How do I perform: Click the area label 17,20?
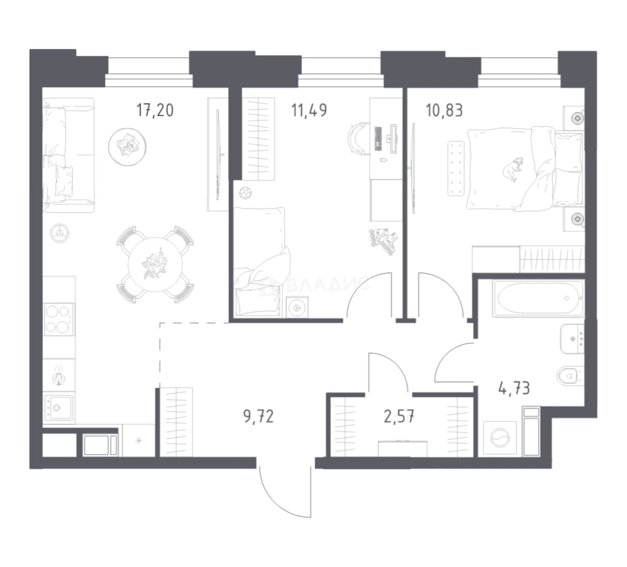pyautogui.click(x=155, y=110)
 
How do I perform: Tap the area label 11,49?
pyautogui.click(x=309, y=110)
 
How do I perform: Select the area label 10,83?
pyautogui.click(x=444, y=110)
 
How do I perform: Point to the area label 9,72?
pyautogui.click(x=258, y=416)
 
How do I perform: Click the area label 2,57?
pyautogui.click(x=399, y=417)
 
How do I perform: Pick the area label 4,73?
pyautogui.click(x=514, y=388)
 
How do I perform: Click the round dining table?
pyautogui.click(x=155, y=264)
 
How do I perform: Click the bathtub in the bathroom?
pyautogui.click(x=538, y=298)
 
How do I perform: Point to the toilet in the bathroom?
pyautogui.click(x=570, y=375)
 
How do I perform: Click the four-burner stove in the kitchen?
pyautogui.click(x=59, y=319)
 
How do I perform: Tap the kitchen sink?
pyautogui.click(x=59, y=407)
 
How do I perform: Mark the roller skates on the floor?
pyautogui.click(x=383, y=240)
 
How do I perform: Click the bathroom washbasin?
pyautogui.click(x=572, y=339)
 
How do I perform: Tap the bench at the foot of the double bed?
pyautogui.click(x=456, y=169)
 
